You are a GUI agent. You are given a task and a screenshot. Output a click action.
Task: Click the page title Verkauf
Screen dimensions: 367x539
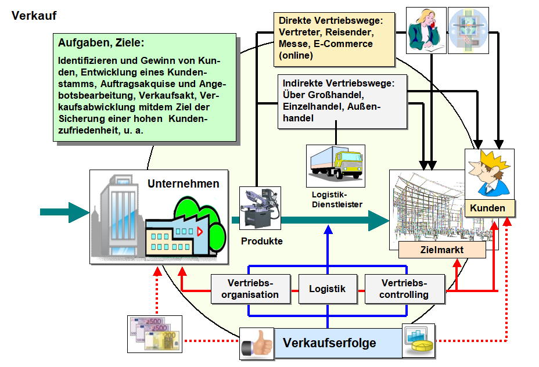[x=34, y=16]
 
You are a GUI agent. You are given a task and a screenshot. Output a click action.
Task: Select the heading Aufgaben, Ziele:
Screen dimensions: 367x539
[x=101, y=42]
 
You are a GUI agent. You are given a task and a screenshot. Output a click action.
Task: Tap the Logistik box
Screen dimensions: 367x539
[x=327, y=289]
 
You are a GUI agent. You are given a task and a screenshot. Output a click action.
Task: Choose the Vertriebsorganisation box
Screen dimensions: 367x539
[x=253, y=289]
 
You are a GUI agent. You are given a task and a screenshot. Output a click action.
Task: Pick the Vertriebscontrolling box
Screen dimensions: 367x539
[x=404, y=289]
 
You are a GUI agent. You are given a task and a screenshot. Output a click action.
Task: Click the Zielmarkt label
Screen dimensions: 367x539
[x=442, y=250]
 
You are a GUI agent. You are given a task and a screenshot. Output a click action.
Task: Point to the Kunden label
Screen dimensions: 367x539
[x=487, y=208]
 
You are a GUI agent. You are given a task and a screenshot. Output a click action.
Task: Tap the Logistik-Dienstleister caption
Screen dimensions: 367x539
[x=336, y=199]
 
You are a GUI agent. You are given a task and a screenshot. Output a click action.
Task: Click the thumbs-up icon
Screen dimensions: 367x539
[x=257, y=343]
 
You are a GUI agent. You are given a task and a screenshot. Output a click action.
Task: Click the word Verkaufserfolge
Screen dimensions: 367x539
[x=329, y=343]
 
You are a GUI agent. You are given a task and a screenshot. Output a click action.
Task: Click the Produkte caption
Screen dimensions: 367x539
[x=262, y=240]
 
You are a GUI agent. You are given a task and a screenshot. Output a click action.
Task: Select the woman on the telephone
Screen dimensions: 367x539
[x=426, y=31]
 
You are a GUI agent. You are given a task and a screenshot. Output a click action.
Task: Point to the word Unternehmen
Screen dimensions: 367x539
[x=184, y=184]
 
